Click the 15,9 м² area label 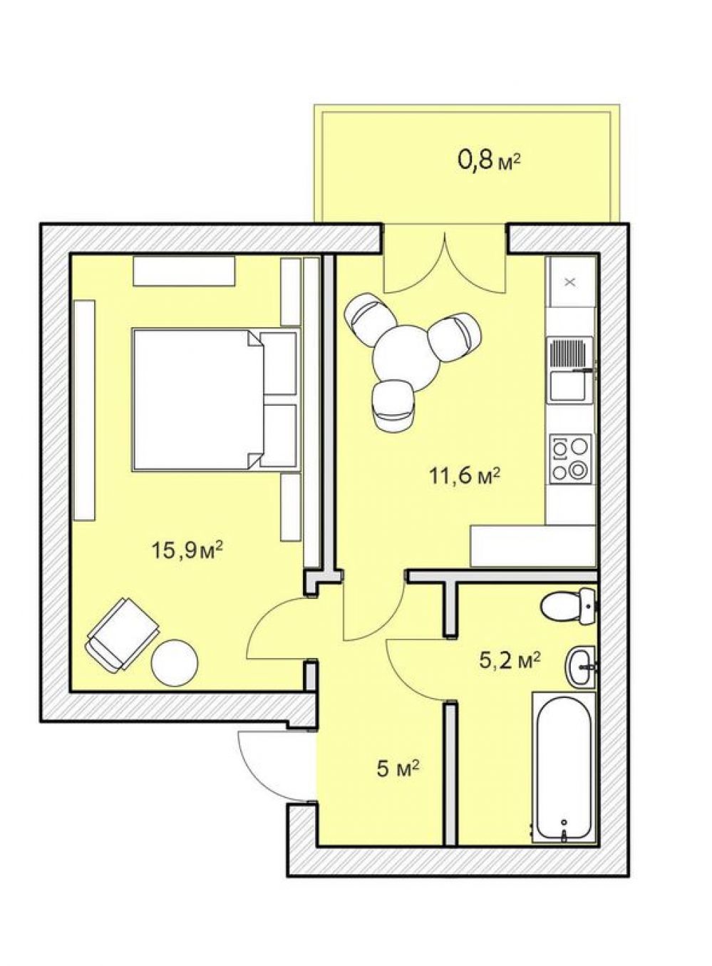[x=187, y=550]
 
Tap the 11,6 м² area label [x=464, y=477]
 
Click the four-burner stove [x=571, y=459]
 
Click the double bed [x=215, y=400]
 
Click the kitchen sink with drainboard [x=570, y=369]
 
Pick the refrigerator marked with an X [x=570, y=282]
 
